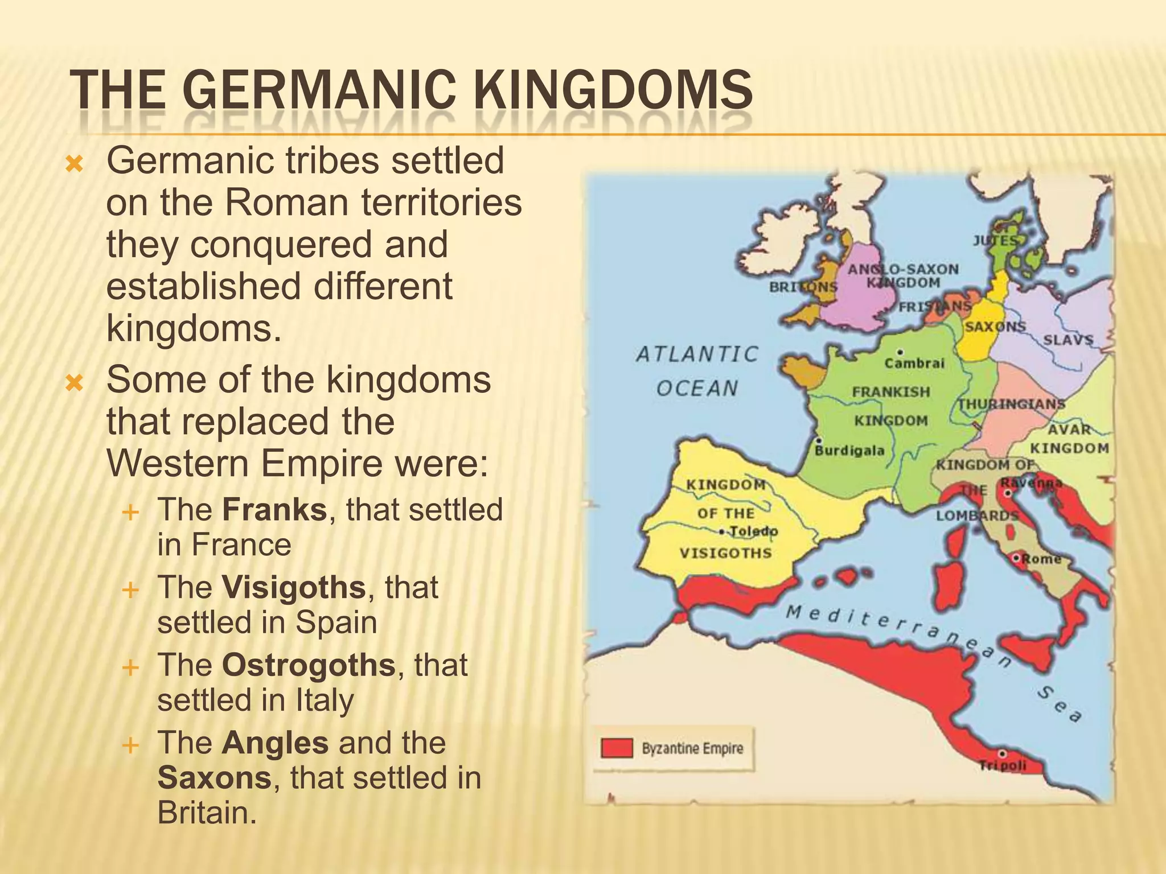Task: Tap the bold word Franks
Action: (274, 509)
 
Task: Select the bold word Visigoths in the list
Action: (294, 587)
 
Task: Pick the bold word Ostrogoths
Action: (309, 665)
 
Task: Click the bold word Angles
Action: (275, 743)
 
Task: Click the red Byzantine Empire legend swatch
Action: (617, 748)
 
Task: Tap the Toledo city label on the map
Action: (753, 531)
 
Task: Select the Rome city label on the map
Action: (1041, 559)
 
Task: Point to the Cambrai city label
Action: (914, 363)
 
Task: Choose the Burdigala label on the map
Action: (849, 451)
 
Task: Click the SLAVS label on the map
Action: (1068, 340)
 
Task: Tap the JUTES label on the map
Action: (995, 241)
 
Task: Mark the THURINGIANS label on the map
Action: (1011, 404)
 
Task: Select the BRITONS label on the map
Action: (803, 287)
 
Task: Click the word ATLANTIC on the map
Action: (697, 354)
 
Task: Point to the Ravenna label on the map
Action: (1031, 483)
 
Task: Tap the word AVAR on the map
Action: (1070, 429)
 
